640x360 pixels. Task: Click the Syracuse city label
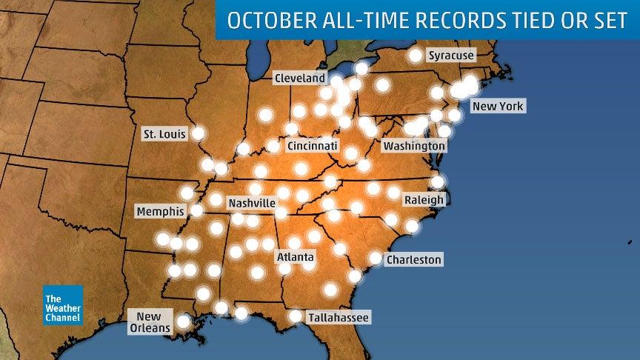pyautogui.click(x=451, y=56)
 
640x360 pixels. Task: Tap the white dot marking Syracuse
pyautogui.click(x=416, y=56)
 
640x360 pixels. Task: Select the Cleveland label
pyautogui.click(x=300, y=78)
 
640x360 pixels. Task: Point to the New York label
pyautogui.click(x=498, y=106)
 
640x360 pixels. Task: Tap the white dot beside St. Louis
pyautogui.click(x=198, y=133)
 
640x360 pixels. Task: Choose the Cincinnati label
pyautogui.click(x=313, y=145)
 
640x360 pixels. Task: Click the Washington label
pyautogui.click(x=414, y=146)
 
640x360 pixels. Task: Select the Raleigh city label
pyautogui.click(x=424, y=200)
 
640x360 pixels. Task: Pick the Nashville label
pyautogui.click(x=252, y=202)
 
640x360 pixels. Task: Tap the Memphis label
pyautogui.click(x=160, y=211)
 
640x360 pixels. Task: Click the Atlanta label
pyautogui.click(x=296, y=257)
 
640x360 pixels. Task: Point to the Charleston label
pyautogui.click(x=414, y=259)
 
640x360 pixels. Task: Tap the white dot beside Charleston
pyautogui.click(x=376, y=259)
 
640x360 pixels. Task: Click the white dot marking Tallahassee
pyautogui.click(x=296, y=316)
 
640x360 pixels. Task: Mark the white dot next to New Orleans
pyautogui.click(x=182, y=321)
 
